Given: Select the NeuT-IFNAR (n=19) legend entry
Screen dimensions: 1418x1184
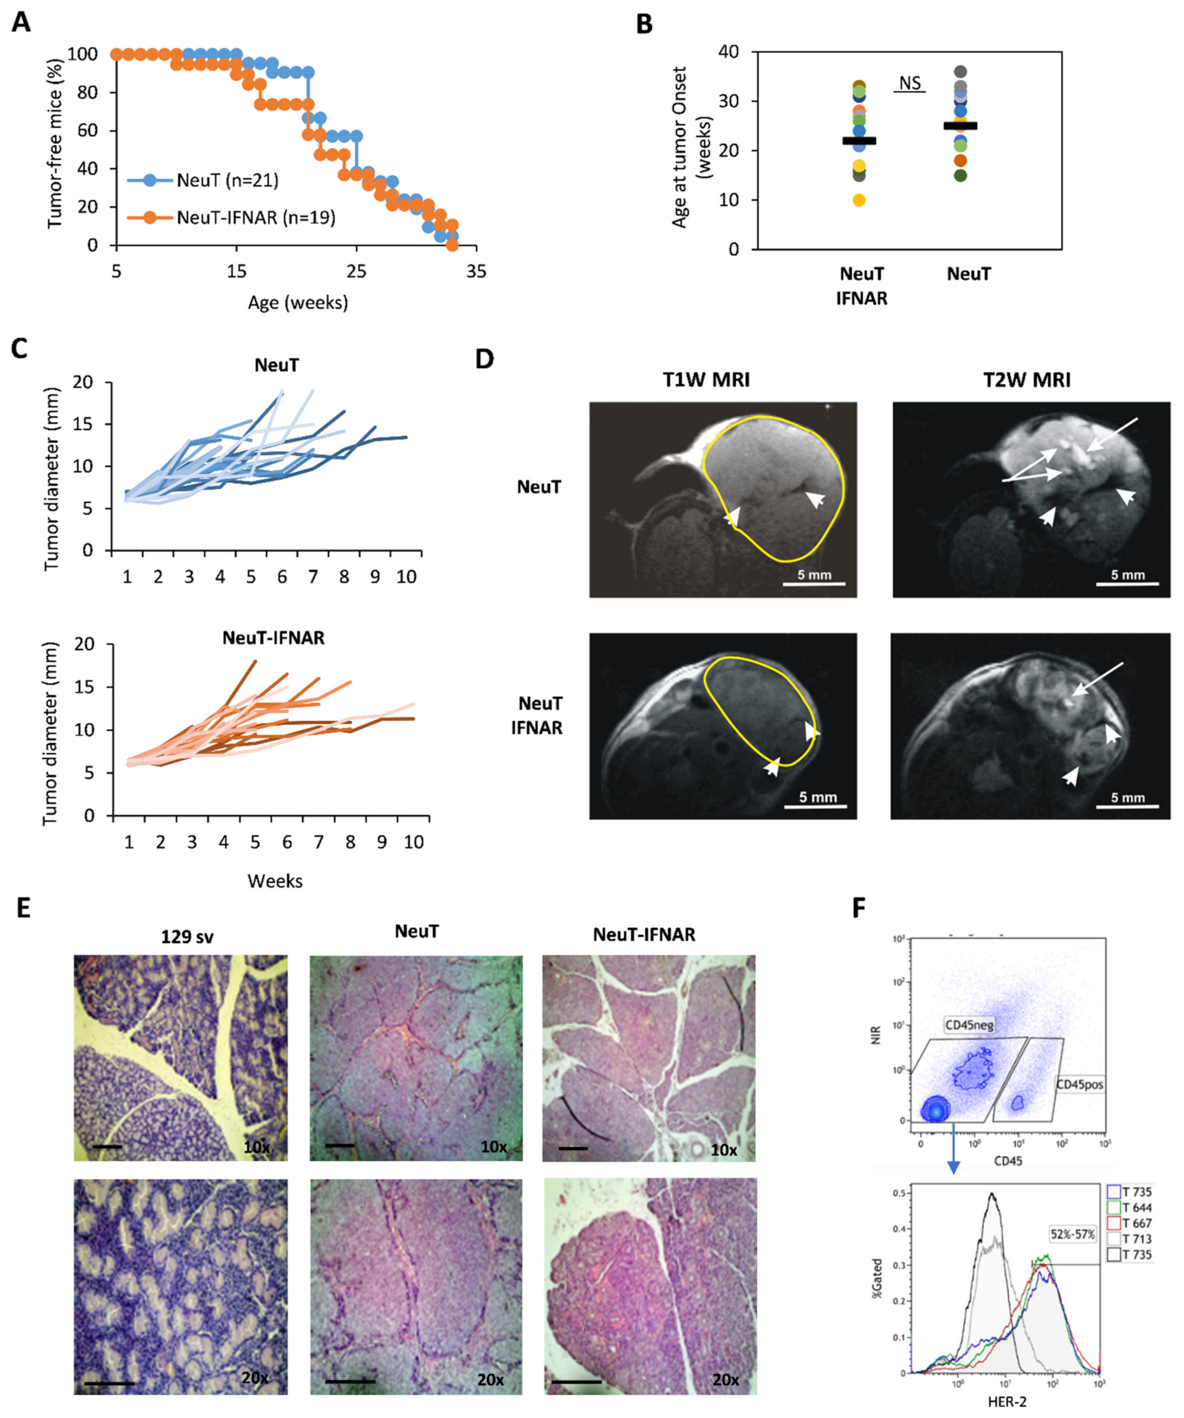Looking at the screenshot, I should (x=255, y=217).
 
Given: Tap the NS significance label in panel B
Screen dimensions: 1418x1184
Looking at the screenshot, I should (x=909, y=83).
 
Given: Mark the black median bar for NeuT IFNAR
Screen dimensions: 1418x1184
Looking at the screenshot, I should (x=859, y=140).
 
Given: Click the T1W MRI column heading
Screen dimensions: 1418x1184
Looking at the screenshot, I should (x=706, y=380).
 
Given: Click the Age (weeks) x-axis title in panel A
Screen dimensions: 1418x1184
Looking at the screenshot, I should (x=298, y=302).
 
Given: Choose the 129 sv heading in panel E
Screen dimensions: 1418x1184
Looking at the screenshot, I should (x=187, y=937).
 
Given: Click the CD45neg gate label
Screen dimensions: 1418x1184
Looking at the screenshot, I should (x=969, y=1025).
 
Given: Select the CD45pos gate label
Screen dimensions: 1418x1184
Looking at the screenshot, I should (x=1079, y=1085).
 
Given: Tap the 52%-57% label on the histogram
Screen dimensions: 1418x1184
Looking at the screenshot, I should (x=1072, y=1234).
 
